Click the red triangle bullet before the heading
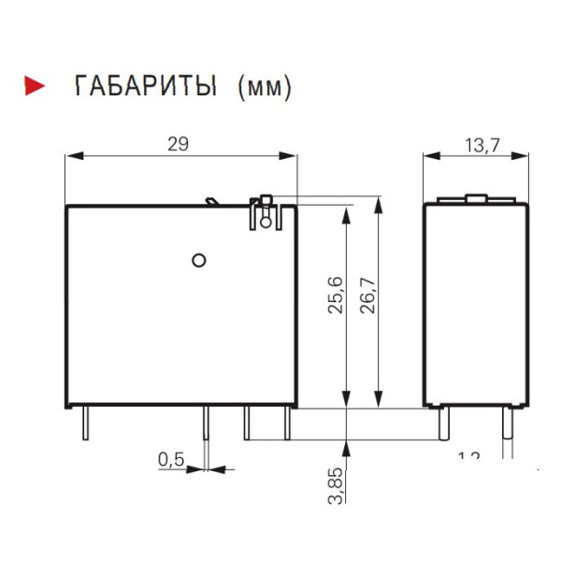click(x=35, y=87)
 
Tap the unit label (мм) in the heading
click(x=266, y=88)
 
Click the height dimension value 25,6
click(x=336, y=294)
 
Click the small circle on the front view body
click(x=197, y=259)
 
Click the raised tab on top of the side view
click(x=475, y=198)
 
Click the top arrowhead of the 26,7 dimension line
click(x=379, y=201)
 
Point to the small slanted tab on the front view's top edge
click(x=212, y=200)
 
